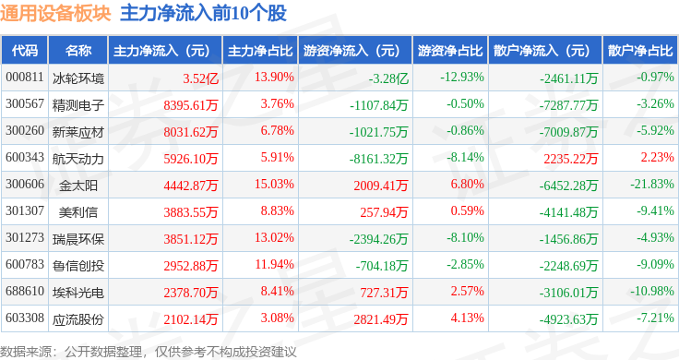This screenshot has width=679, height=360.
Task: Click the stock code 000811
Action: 25,78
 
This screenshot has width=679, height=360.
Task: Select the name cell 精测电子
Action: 78,105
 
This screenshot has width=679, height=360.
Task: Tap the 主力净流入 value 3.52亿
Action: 200,78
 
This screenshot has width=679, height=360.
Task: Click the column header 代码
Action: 25,51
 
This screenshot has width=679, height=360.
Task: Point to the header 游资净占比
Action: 450,51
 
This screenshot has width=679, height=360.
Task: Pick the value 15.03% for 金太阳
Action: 274,184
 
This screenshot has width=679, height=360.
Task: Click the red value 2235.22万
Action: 571,159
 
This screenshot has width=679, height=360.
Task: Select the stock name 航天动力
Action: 78,159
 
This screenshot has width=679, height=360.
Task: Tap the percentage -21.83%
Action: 651,184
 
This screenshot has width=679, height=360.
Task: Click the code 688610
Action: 25,291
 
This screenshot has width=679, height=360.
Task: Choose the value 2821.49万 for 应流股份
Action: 381,319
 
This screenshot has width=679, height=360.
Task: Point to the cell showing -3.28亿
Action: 388,78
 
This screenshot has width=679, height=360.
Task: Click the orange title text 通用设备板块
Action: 55,14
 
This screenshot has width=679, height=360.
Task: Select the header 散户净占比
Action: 640,51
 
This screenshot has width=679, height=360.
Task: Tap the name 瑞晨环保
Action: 78,239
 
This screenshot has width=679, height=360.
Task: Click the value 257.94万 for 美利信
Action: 384,212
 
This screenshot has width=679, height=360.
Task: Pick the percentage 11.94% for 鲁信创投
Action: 274,264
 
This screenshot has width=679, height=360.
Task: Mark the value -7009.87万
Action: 568,132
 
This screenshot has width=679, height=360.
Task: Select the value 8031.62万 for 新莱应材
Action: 191,132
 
